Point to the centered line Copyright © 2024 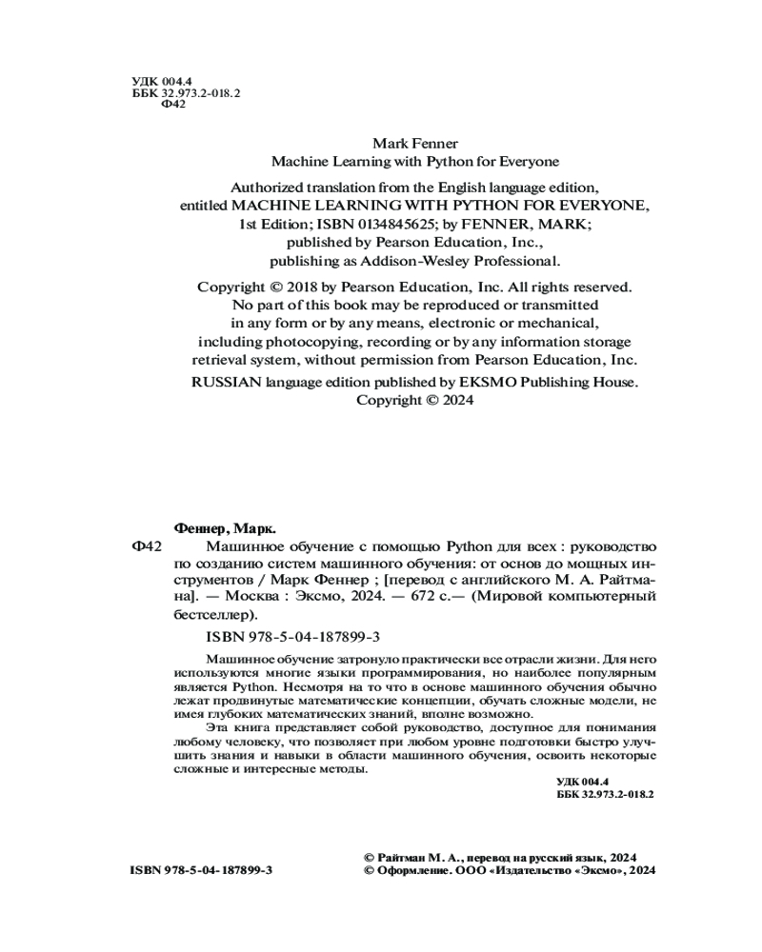coord(414,401)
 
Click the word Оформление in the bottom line coord(410,871)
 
